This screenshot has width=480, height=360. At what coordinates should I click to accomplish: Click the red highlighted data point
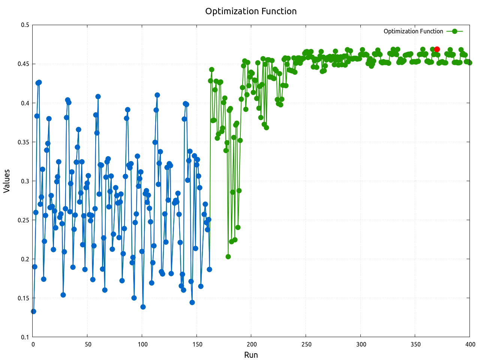click(437, 49)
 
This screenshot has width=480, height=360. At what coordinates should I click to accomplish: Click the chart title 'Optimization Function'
click(251, 11)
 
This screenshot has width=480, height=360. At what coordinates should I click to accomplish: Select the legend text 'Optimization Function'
click(413, 31)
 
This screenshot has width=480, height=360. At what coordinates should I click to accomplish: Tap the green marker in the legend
click(454, 31)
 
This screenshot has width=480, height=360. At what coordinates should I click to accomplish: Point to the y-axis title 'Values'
click(7, 181)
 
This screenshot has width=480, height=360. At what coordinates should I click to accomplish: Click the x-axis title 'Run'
click(251, 355)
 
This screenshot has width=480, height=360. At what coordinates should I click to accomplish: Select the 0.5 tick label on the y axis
click(25, 25)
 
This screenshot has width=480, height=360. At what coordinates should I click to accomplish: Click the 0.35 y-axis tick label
click(24, 142)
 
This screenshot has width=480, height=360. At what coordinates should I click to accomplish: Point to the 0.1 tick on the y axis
click(25, 337)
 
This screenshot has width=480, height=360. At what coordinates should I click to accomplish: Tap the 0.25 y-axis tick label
click(24, 220)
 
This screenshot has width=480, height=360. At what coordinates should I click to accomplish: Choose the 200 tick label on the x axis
click(251, 344)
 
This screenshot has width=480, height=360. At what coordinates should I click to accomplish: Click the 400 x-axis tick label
click(469, 344)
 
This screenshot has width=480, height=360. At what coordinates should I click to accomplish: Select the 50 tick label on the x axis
click(87, 344)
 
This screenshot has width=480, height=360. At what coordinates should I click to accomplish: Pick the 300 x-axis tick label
click(360, 344)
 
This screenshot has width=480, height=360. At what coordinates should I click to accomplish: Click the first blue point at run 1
click(34, 311)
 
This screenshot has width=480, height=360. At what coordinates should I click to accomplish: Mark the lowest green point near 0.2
click(228, 256)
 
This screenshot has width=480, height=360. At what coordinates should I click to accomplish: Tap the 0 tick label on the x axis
click(33, 344)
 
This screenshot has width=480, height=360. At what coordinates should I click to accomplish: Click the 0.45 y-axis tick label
click(24, 64)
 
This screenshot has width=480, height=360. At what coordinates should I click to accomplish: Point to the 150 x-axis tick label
click(196, 344)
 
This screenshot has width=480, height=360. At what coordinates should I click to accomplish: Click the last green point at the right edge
click(469, 63)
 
